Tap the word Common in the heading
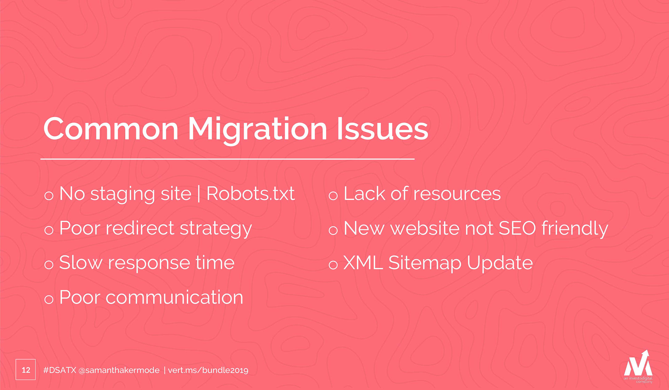[111, 129]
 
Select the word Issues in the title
[382, 129]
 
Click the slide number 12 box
[26, 369]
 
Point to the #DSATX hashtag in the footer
[60, 370]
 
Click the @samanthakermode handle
[119, 370]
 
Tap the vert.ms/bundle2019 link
[208, 370]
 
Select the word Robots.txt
[251, 193]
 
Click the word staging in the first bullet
[123, 195]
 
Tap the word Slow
[81, 262]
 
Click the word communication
[174, 297]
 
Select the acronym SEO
[517, 228]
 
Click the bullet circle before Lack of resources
[333, 196]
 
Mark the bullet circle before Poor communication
[49, 299]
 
